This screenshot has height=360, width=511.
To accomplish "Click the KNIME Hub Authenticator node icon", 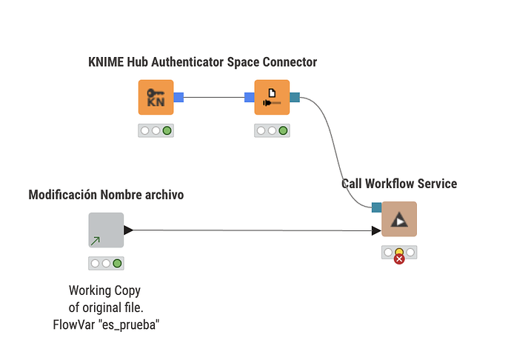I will point(156,97).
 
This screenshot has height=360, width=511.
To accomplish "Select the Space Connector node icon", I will point(272,97).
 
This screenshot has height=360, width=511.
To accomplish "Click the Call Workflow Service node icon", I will point(399,219).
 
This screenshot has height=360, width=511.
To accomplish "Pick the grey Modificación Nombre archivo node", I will point(106,230).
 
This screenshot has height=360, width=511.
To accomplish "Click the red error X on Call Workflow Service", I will point(399,259).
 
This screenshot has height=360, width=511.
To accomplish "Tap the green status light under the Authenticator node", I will point(167,130).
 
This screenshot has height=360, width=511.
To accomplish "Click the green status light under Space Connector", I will point(283,130).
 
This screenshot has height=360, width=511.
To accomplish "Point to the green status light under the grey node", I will point(117,263).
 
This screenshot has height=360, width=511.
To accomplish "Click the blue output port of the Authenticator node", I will point(178,96).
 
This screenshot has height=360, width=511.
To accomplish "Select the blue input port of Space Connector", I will point(250,96).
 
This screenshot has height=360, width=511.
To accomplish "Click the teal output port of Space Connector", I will point(295,96).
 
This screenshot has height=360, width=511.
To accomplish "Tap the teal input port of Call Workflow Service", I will point(376,207).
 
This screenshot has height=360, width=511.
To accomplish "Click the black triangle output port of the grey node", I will point(129,230).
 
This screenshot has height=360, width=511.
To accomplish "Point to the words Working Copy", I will point(104,290).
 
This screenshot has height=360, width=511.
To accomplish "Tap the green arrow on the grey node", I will point(96,241).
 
